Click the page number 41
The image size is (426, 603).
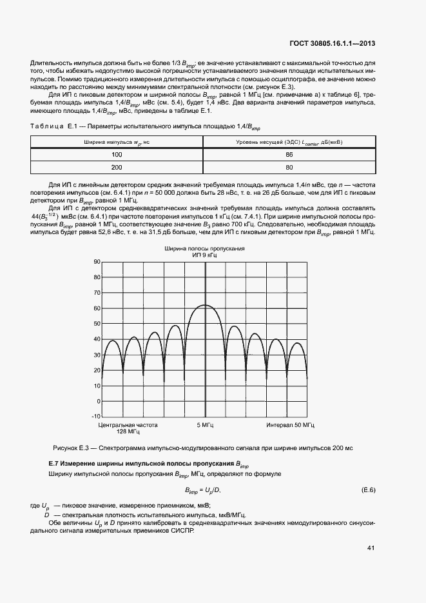coord(371,548)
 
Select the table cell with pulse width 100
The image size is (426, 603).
coord(117,155)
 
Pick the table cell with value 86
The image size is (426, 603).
coord(289,155)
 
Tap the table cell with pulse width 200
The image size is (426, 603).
coord(117,167)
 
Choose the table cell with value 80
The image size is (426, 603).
coord(289,167)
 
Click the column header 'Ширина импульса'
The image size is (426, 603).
coord(117,142)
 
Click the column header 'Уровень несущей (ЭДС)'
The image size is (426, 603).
coord(289,142)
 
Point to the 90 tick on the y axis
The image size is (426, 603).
coord(97,262)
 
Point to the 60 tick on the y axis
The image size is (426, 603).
coord(97,308)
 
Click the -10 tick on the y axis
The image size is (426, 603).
coord(96,417)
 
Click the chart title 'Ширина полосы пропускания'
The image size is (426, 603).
coord(205,248)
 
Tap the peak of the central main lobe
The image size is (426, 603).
coord(205,305)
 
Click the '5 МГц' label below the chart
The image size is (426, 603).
coord(206,426)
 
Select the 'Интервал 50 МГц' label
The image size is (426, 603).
coord(290,426)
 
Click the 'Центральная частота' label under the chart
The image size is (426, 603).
coord(128,426)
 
